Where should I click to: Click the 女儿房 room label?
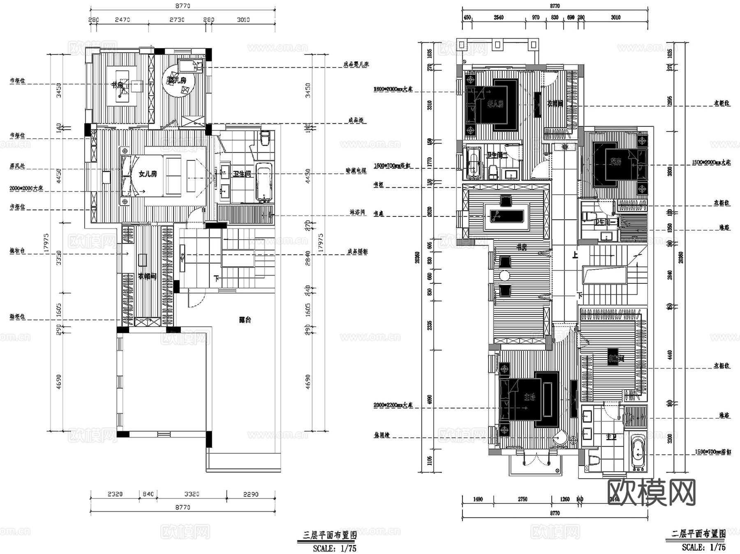click(x=148, y=174)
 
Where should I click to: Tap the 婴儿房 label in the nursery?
click(x=177, y=80)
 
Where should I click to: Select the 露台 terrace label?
click(x=245, y=320)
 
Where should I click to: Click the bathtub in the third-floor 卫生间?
click(x=264, y=183)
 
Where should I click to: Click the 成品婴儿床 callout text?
click(x=356, y=65)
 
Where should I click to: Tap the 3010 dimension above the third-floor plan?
click(x=243, y=20)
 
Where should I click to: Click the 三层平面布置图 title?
click(x=329, y=535)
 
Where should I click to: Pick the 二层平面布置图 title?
click(x=698, y=534)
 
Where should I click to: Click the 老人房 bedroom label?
click(x=495, y=104)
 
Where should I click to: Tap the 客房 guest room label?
click(x=615, y=162)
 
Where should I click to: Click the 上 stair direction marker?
click(x=575, y=255)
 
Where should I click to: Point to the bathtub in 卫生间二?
click(x=474, y=163)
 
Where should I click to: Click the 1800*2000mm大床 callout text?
click(x=393, y=89)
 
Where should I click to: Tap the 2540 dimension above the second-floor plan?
click(x=498, y=17)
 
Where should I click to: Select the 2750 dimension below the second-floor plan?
click(x=522, y=499)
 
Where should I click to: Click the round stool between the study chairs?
click(x=505, y=276)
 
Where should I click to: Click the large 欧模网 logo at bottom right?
click(x=651, y=492)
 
